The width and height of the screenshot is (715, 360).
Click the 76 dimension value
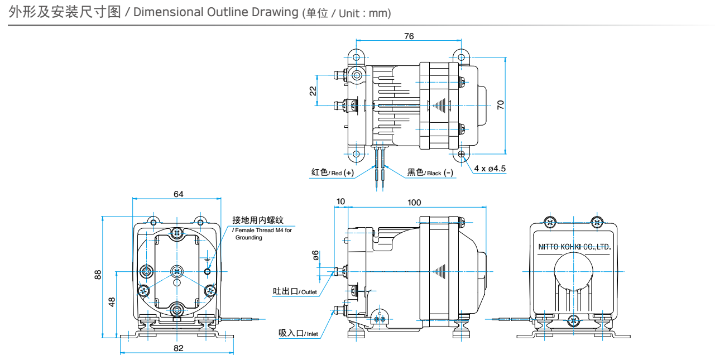(x=409, y=36)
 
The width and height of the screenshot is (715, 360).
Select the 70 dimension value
(x=501, y=104)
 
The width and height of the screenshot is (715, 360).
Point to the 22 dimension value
(x=313, y=90)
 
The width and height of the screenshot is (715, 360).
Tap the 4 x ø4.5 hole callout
(x=490, y=168)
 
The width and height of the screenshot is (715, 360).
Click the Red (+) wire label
(x=332, y=172)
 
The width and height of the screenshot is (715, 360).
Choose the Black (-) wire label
(x=430, y=172)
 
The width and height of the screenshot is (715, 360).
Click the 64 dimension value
(x=178, y=194)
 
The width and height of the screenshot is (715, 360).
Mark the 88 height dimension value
(x=98, y=275)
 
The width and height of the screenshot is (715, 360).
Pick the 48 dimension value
(x=112, y=302)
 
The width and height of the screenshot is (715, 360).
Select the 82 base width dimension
(x=178, y=348)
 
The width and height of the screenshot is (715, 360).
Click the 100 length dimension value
(x=414, y=203)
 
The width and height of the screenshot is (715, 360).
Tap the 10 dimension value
(x=340, y=201)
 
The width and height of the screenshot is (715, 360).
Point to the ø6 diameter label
(x=316, y=255)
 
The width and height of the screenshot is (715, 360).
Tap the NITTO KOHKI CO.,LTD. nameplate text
(x=574, y=247)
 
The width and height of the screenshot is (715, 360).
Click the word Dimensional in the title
(x=167, y=12)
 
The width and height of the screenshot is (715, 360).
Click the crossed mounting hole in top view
(x=461, y=153)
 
